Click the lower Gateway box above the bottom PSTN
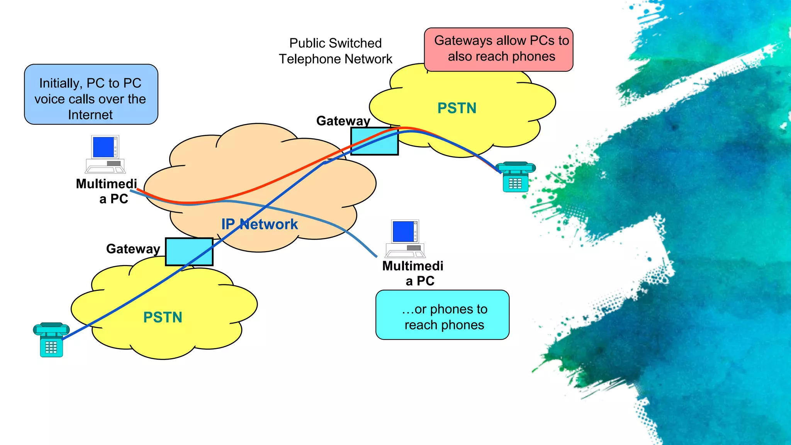pos(189,251)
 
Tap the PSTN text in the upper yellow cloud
pos(457,108)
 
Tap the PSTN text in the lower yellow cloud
pos(163,318)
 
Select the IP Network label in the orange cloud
pos(259,224)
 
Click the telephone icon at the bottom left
pos(51,340)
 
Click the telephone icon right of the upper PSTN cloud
pos(515,177)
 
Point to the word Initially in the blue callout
pos(59,83)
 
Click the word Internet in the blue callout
pos(90,115)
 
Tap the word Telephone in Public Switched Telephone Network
pos(304,59)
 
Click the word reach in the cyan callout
pos(420,325)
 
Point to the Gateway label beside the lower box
pos(133,249)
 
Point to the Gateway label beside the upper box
pos(343,121)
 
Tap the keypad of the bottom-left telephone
pos(51,347)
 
